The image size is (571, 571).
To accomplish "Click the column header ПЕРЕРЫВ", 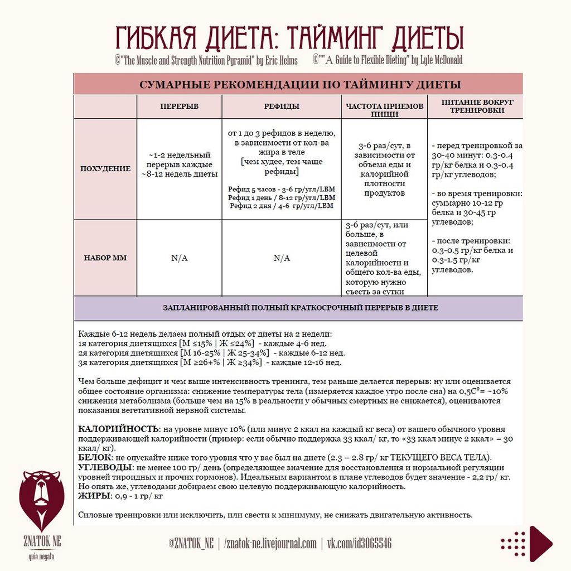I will coord(179,106).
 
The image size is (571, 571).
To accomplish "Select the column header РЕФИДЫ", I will coord(282,106).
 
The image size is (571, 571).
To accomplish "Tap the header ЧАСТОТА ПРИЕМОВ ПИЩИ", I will coord(384,110).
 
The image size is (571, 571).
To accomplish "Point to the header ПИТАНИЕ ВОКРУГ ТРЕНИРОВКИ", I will coord(477,107).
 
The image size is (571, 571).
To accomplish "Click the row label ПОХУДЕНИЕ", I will coord(105,168).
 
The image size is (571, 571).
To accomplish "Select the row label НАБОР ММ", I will coord(105,258).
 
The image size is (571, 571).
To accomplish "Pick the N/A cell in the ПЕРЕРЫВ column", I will coord(179,258).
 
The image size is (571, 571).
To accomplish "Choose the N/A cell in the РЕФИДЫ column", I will coord(282,258).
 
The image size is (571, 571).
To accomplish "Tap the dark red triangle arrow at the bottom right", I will coord(539,544).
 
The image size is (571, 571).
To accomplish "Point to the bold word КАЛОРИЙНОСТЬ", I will coord(117,429).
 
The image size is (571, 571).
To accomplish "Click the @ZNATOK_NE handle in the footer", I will coord(190,544).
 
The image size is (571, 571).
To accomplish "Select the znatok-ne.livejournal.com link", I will coord(270,544).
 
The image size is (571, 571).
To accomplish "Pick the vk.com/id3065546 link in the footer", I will coord(359,544).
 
